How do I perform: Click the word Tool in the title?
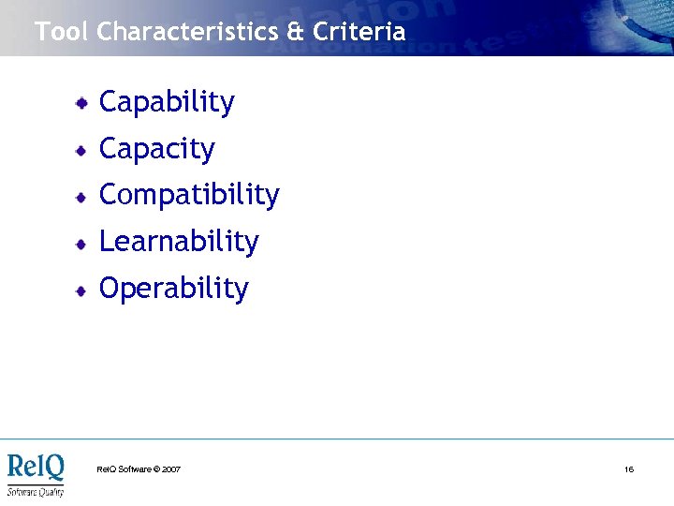(x=63, y=32)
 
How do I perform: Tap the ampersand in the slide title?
(x=296, y=32)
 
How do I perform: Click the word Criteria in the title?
(x=359, y=32)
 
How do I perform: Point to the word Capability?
(x=167, y=103)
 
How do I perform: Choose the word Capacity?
(x=156, y=149)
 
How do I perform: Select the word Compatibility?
(x=189, y=196)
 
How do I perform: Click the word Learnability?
(x=179, y=242)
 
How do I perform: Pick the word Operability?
(x=173, y=289)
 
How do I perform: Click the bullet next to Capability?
(x=83, y=103)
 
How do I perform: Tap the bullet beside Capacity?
(x=83, y=150)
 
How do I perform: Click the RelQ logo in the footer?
(x=36, y=467)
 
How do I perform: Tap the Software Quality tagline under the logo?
(x=36, y=491)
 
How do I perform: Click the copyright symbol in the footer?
(x=155, y=469)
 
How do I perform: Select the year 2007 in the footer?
(x=171, y=469)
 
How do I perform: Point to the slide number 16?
(x=629, y=469)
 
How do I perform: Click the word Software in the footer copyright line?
(x=134, y=469)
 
